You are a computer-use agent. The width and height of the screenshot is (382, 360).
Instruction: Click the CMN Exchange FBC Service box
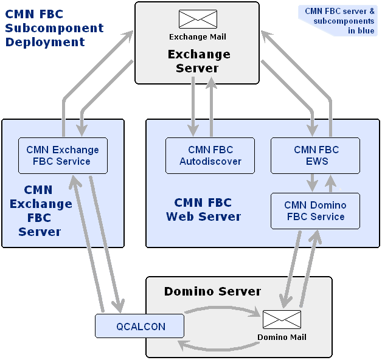pos(63,156)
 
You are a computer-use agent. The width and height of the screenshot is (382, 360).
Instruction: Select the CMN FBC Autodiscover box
pos(210,156)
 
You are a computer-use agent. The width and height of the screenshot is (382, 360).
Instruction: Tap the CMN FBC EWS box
pos(316,156)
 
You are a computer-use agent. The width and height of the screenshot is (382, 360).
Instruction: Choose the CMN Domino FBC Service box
pos(316,211)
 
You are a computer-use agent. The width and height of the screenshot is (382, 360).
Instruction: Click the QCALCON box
pos(140,327)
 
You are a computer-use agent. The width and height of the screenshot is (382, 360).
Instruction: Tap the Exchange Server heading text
pos(198,61)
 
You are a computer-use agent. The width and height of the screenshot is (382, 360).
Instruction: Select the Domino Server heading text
pos(212,292)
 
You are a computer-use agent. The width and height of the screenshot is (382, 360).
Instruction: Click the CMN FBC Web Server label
pos(203,209)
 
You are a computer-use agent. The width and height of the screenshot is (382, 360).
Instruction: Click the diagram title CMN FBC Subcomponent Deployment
pos(54,28)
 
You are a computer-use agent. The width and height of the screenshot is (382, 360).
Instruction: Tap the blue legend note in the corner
pos(339,20)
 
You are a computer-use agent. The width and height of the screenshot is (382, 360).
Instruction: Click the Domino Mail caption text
pos(282,337)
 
